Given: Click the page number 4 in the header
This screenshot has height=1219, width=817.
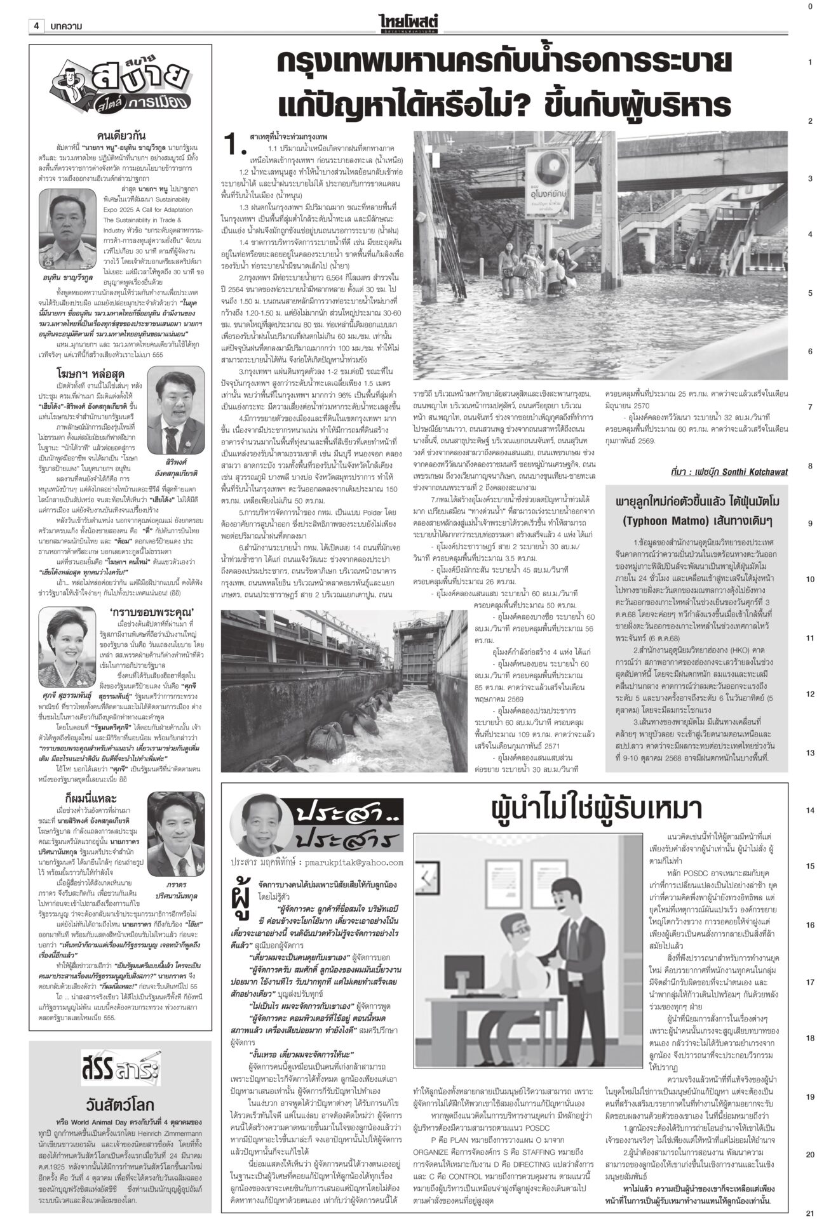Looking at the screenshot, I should tap(37, 26).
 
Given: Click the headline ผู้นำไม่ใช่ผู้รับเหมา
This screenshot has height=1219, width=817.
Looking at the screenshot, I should tap(597, 809).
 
